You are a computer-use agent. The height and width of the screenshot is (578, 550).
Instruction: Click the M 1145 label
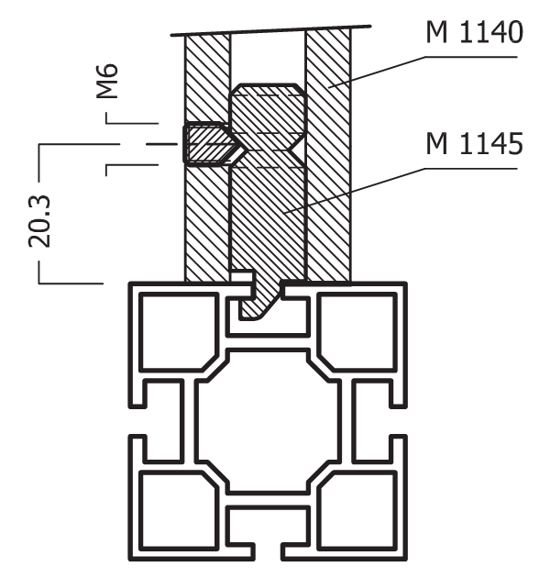pyautogui.click(x=474, y=144)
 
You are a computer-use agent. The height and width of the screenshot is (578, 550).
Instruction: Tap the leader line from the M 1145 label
pyautogui.click(x=367, y=188)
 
